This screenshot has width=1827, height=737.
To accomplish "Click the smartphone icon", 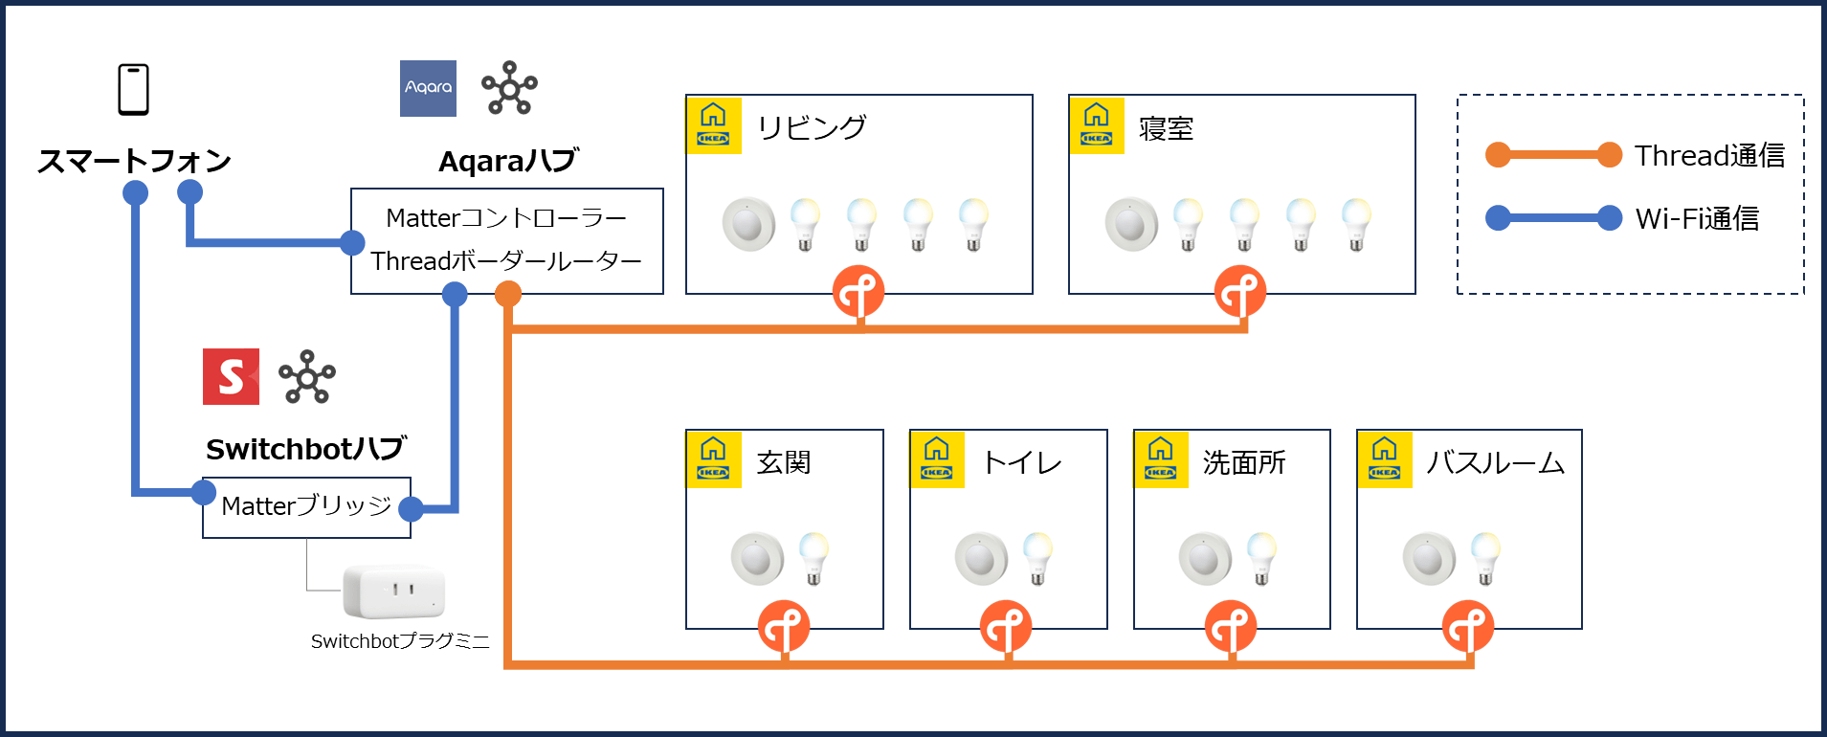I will click(x=133, y=89).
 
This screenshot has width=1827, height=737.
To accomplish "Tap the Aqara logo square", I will click(x=428, y=88).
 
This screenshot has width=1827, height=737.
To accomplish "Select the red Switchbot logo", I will click(x=231, y=377).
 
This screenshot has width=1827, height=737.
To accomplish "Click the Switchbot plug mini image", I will click(x=394, y=590).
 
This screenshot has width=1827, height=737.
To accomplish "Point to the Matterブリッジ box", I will click(x=306, y=506).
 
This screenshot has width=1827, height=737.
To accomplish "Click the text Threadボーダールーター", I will click(x=506, y=261).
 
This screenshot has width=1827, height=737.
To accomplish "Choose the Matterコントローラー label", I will click(x=506, y=218).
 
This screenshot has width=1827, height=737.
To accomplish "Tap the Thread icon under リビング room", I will click(x=858, y=292).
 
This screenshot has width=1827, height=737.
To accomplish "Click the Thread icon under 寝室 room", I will click(x=1240, y=292).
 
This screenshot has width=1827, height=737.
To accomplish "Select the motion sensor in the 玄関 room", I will click(x=757, y=559).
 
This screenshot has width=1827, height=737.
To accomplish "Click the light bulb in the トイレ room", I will click(x=1037, y=559).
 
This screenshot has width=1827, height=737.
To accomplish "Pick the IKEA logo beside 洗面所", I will click(x=1160, y=459).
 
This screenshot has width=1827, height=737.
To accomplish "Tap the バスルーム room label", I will click(x=1495, y=463).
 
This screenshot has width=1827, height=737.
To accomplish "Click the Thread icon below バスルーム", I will click(x=1467, y=627).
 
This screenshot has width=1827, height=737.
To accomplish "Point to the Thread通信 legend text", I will click(x=1709, y=155).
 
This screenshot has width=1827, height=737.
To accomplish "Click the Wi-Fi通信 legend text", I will click(x=1697, y=218).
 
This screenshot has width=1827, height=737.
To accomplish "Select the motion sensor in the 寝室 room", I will click(x=1131, y=225).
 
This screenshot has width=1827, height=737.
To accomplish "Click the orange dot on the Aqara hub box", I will click(x=508, y=295).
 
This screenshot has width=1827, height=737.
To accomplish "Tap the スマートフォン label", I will click(x=134, y=161).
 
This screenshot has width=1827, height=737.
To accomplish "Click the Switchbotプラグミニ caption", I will click(x=399, y=641).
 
